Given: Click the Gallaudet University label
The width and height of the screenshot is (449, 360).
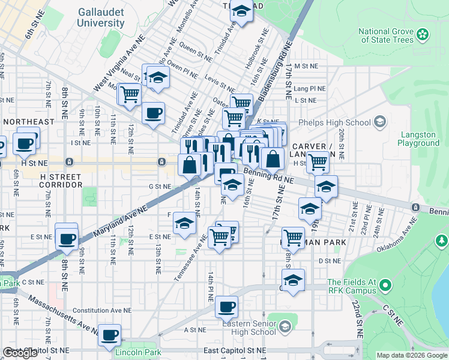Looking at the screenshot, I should pos(100,18).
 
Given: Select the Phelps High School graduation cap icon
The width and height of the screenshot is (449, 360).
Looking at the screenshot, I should pos(379,122).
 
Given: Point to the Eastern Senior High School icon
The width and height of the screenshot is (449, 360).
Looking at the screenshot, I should pos(285,326).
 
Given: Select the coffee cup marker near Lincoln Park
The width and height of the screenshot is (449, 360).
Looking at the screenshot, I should pos(109,335).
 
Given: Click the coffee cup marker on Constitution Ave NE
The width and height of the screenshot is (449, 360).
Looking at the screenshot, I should pos(226,307).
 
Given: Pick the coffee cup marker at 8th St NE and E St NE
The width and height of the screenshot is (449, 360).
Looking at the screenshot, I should pos(67,239).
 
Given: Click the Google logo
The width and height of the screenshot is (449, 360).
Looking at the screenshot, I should pos(20,353).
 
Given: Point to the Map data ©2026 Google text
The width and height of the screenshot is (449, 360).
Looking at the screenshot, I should pos(411,355).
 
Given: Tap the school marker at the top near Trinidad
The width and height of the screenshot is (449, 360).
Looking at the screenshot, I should pos(241,11).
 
